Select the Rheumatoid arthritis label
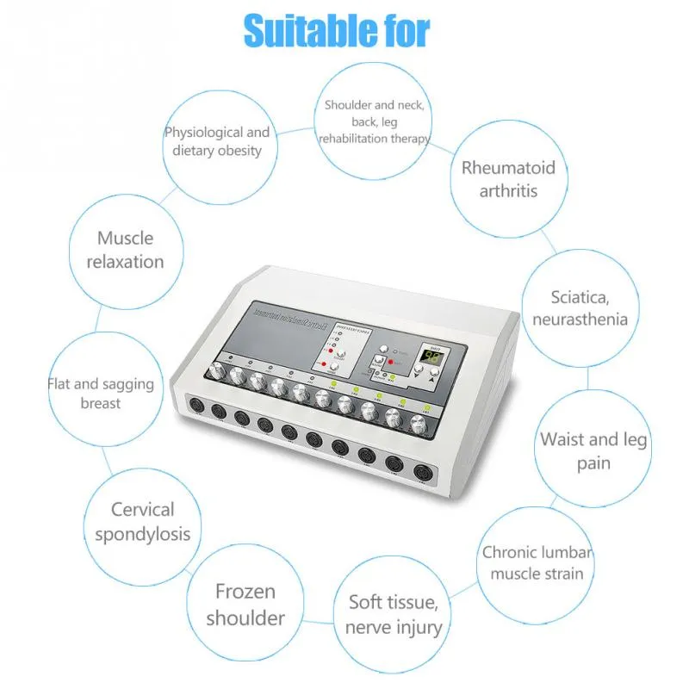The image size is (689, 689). pos(508,178)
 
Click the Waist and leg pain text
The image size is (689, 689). pos(593,450)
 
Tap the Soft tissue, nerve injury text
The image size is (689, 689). pos(394,613)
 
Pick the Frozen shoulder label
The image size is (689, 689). pos(245,605)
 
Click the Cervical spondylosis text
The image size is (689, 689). pos(142,522)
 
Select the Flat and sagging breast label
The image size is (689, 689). pos(101,393)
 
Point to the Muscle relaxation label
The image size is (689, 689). pos(125,249)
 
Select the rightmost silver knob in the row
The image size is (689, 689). pos(420,423)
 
